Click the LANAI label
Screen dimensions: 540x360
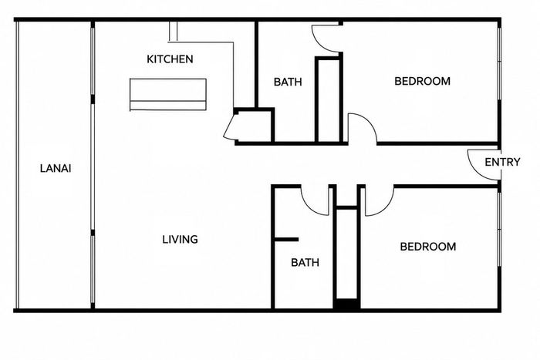coord(56,169)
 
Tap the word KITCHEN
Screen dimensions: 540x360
coord(170,59)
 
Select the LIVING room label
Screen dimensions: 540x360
coord(180,239)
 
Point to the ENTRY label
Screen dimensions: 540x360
coord(502,162)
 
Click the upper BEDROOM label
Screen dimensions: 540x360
coord(422,81)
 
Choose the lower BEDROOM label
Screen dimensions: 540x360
coord(428,247)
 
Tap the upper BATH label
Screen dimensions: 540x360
coord(288,82)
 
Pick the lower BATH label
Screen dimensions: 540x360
coord(305,263)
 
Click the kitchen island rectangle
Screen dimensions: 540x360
coord(168,95)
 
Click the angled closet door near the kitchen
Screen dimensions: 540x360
coord(228,126)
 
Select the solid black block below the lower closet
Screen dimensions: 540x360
coord(346,304)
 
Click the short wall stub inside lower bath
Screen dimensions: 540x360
coord(286,240)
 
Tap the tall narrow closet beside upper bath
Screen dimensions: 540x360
coord(329,99)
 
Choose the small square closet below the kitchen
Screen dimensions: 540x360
coord(255,126)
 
